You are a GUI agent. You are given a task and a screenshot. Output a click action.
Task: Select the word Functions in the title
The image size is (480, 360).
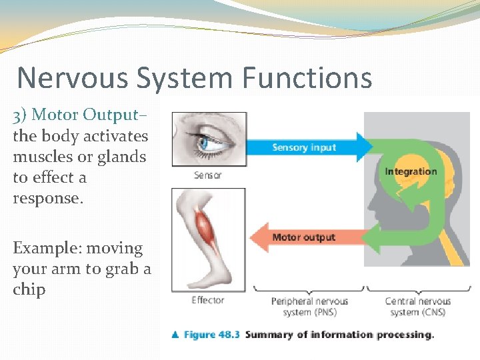307,78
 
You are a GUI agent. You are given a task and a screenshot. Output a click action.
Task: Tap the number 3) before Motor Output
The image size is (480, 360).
20,115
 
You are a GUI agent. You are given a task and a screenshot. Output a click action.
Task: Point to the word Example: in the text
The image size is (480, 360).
44,249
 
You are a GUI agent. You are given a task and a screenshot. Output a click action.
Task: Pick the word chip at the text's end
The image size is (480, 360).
29,290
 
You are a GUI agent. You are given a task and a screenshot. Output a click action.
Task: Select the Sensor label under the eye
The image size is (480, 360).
207,175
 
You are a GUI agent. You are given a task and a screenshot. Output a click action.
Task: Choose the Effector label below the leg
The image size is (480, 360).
208,300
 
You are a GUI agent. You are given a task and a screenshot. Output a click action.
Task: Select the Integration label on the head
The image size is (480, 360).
411,171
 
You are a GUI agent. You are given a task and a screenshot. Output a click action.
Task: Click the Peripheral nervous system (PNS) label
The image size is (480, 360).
309,307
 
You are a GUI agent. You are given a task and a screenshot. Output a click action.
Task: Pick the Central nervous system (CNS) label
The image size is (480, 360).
418,307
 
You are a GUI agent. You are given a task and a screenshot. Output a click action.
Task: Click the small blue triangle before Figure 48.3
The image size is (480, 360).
175,335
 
